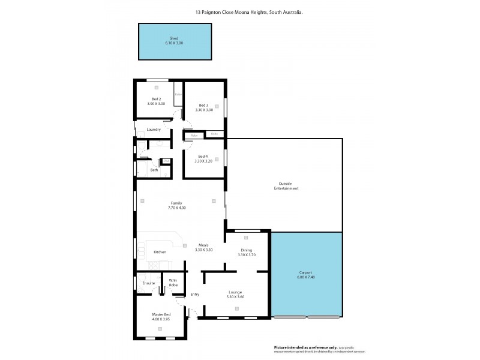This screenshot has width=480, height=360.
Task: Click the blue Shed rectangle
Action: [175, 41]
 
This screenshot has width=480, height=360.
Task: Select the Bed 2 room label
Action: [156, 99]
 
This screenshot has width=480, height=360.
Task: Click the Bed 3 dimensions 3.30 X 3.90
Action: [204, 110]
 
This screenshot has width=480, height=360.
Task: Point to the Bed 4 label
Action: [204, 157]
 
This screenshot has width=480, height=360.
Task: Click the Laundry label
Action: [154, 130]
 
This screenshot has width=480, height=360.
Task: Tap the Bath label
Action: [154, 170]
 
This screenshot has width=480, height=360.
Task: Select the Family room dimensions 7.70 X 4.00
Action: [176, 208]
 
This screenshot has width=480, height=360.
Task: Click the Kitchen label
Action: [160, 252]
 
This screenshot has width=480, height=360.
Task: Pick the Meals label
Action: [204, 245]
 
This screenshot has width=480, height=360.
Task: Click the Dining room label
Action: [247, 250]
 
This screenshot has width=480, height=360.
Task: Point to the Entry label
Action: [195, 294]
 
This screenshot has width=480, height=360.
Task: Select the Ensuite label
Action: [149, 283]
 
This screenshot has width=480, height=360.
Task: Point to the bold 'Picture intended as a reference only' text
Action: [294, 347]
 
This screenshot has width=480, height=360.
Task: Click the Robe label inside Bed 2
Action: [178, 94]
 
